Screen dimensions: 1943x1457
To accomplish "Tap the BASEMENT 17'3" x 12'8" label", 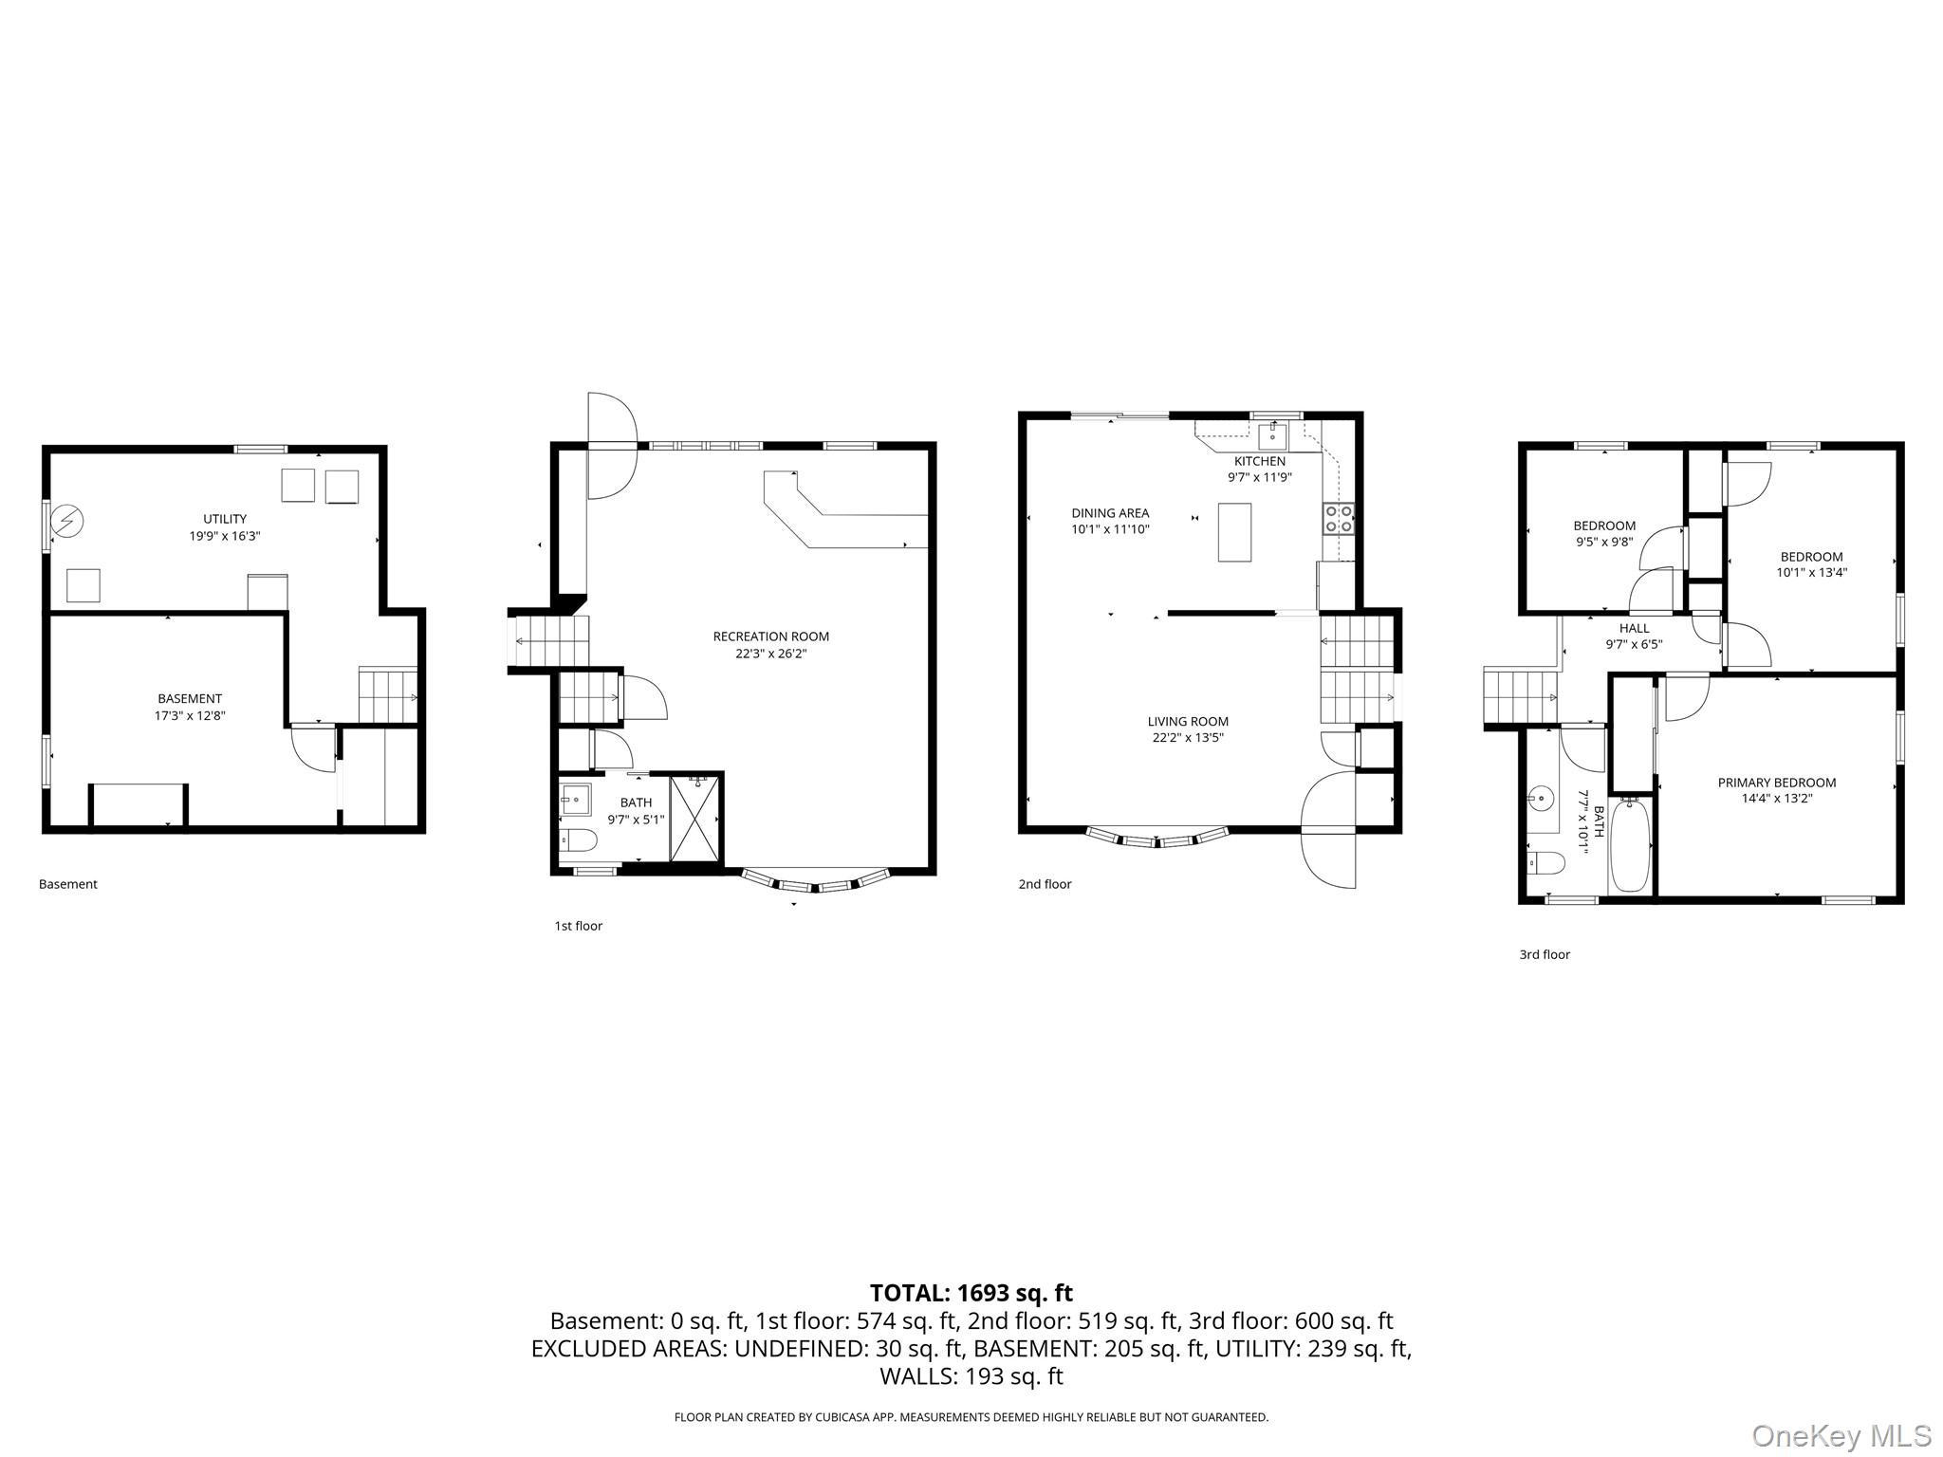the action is click(x=190, y=708).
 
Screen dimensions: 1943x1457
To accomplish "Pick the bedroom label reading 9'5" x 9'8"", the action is click(x=1604, y=533).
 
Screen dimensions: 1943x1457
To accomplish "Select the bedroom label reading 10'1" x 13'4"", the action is click(x=1811, y=564).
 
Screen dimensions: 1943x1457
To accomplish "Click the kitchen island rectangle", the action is click(x=1234, y=532).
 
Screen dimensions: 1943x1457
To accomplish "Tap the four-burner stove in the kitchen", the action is click(x=1339, y=519).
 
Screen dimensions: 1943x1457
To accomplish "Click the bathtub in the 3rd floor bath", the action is click(x=1631, y=845).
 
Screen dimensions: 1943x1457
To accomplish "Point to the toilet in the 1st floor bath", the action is click(x=578, y=840).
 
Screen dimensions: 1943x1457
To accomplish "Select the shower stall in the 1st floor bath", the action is click(x=695, y=819).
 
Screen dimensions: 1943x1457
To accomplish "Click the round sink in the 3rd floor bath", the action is click(x=1542, y=799).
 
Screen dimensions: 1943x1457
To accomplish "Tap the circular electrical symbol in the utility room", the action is click(x=67, y=521).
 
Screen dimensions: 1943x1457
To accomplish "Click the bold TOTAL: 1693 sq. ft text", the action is click(x=971, y=1293).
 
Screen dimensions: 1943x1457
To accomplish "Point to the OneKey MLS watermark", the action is click(x=1841, y=1435).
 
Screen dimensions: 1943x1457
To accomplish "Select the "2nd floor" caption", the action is click(x=1045, y=884).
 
